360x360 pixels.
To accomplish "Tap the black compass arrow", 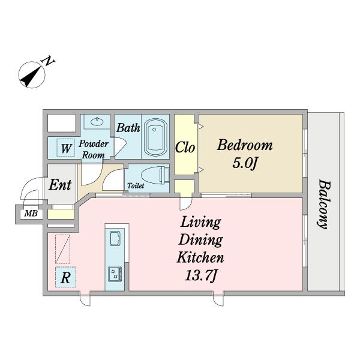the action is (x=31, y=75).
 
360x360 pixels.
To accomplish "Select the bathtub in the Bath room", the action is (x=155, y=137).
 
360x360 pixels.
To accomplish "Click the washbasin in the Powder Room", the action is (x=97, y=121).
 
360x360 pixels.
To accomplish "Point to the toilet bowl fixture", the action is (x=154, y=176).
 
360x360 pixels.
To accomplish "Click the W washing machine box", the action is (x=65, y=148).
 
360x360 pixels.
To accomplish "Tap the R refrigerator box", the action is (x=65, y=277).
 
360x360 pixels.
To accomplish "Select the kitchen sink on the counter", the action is (x=115, y=238).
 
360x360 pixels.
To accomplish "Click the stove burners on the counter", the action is (x=115, y=273).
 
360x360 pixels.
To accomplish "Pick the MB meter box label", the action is (x=31, y=214).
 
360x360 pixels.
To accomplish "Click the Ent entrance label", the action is (x=60, y=185).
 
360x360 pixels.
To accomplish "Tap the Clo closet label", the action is (x=185, y=147).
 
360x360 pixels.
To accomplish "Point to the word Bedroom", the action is (x=245, y=145).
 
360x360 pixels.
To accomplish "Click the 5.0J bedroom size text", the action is (x=244, y=163).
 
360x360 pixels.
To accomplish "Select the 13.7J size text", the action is (x=200, y=275).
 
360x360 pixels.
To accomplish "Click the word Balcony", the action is (x=325, y=204).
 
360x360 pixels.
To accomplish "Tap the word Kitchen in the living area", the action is (x=200, y=257).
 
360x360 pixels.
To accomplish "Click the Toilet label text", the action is (x=136, y=185).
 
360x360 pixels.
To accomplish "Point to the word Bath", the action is (x=128, y=128).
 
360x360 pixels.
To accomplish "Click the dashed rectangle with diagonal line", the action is (x=62, y=249).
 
